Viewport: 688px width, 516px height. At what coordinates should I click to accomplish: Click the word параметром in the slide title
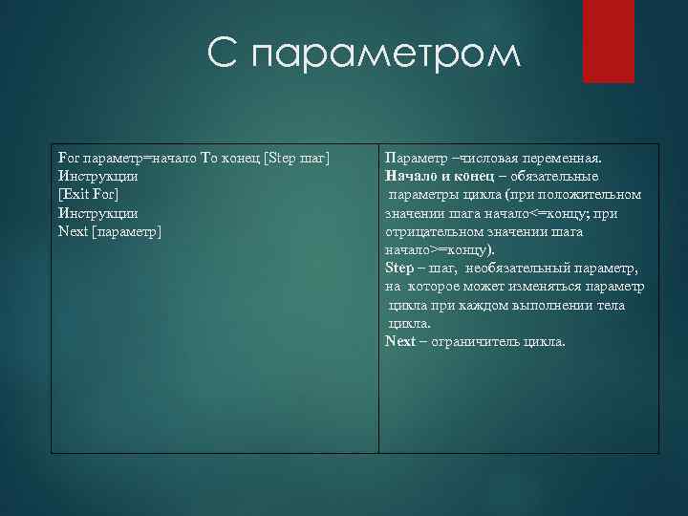387,55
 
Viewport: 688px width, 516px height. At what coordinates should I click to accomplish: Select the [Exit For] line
88,195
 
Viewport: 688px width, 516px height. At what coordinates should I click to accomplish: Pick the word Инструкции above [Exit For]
97,177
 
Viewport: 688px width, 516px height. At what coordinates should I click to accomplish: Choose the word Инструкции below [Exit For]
97,213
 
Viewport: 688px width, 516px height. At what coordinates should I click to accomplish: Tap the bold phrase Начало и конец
440,177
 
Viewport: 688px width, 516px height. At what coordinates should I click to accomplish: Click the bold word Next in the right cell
399,341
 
